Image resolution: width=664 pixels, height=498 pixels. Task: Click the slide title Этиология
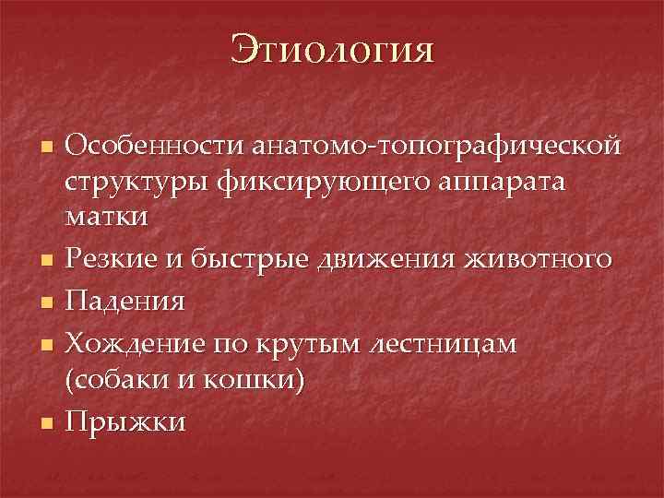coord(332,48)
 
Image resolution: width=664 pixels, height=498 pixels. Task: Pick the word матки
coord(106,218)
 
